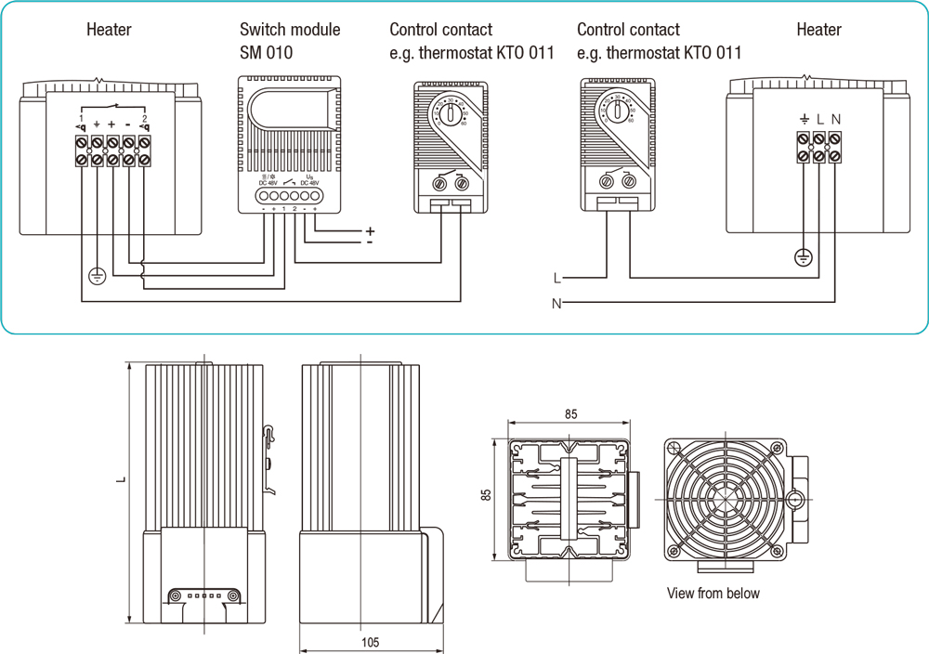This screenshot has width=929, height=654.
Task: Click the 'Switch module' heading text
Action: coord(290,30)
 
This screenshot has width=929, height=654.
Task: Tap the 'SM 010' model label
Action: coord(266,53)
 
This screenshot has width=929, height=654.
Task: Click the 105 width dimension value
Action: coord(370,642)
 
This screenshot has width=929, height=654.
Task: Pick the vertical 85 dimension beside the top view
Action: coord(486,497)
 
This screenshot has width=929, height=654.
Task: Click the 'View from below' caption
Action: coord(713,593)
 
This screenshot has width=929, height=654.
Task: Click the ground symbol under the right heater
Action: coord(804,257)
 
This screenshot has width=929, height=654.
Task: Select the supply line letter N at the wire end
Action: coord(556,304)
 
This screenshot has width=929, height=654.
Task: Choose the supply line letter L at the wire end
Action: coord(556,278)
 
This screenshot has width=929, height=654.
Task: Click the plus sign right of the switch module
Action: coord(370,230)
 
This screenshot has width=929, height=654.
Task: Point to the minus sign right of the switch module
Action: coord(370,243)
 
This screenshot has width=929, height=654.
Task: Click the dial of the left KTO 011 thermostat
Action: coord(452,114)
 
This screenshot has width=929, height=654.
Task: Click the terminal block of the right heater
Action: coord(819,147)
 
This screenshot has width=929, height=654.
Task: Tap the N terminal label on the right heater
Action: coord(836,119)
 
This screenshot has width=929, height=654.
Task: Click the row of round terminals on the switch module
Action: coord(289,197)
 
